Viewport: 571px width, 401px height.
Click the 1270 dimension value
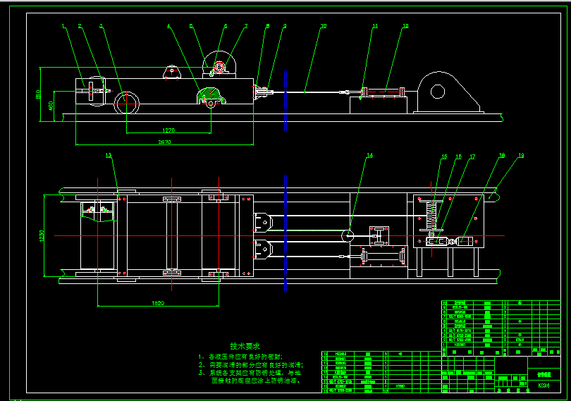[x=168, y=130]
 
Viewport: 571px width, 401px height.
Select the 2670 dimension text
[x=164, y=142]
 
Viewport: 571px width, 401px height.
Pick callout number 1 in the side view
[x=63, y=26]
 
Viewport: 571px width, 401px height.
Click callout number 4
[x=168, y=26]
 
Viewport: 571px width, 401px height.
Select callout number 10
[x=323, y=26]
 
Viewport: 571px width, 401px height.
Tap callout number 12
[x=405, y=26]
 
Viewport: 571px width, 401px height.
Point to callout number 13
[x=109, y=155]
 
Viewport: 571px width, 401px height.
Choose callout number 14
[x=369, y=155]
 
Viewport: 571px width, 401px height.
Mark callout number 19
[x=522, y=155]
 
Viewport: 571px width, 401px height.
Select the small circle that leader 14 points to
[x=348, y=236]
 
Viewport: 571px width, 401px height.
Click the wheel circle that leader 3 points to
[x=127, y=103]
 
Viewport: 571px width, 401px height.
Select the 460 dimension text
[x=50, y=106]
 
